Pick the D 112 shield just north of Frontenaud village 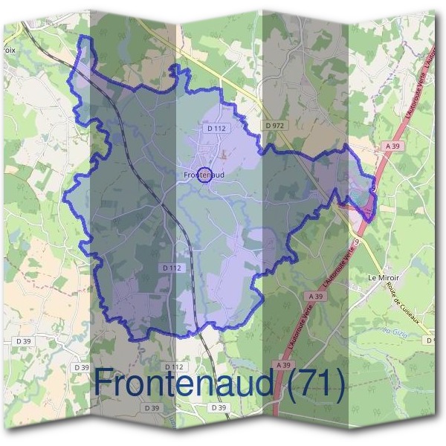coord(216,128)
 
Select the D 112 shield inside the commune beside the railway coord(170,267)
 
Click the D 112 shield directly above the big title coord(173,366)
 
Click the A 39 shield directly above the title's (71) coord(282,365)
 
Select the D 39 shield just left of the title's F coord(81,367)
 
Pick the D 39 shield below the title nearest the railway coord(218,408)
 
